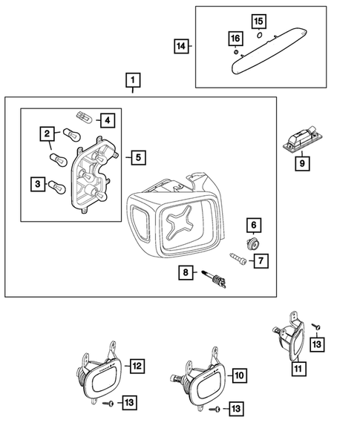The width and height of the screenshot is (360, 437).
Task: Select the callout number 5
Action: click(x=137, y=157)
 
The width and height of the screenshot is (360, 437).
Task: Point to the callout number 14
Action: click(x=180, y=47)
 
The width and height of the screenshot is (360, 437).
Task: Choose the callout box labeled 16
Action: click(x=235, y=39)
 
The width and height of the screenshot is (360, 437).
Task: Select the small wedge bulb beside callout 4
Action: click(x=83, y=115)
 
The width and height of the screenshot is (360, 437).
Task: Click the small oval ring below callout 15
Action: click(x=258, y=35)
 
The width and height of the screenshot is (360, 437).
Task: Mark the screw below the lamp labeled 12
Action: click(x=108, y=403)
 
